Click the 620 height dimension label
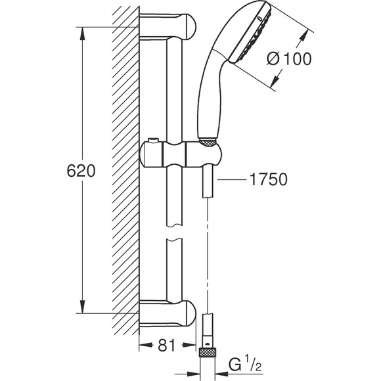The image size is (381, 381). tap(82, 171)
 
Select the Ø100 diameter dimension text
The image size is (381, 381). tap(290, 58)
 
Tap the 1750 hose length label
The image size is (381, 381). tap(269, 180)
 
